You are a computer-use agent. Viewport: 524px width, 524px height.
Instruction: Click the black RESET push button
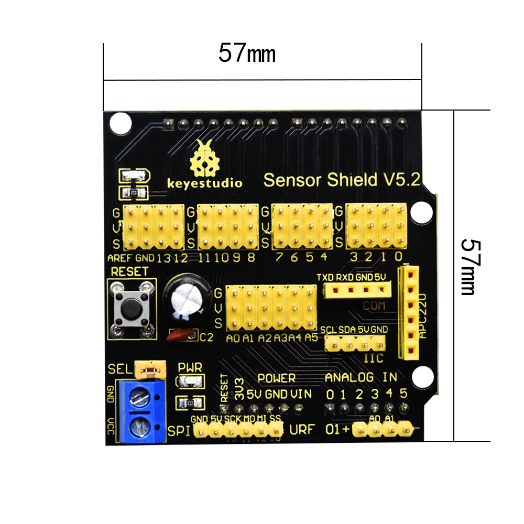coord(131,308)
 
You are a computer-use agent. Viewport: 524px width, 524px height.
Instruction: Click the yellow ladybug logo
coord(204,159)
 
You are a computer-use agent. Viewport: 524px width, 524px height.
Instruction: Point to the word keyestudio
coord(204,183)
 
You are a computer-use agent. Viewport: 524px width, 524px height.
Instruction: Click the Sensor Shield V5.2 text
coord(341,180)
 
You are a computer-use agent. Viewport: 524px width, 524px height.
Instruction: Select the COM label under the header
coord(374,305)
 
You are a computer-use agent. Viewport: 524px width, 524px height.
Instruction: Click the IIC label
coord(373,358)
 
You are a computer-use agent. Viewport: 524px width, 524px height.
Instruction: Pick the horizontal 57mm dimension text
coord(247,53)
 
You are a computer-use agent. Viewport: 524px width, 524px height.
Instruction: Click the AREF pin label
coord(120,258)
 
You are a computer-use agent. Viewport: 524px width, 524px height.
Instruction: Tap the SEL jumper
coord(150,370)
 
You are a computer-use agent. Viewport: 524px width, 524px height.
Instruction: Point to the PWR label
coord(190,367)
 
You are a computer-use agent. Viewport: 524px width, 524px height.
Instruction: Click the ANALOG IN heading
coord(361,377)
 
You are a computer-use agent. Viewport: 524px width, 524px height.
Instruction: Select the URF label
coord(302,430)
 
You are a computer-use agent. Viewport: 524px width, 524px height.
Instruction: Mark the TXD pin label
coord(325,277)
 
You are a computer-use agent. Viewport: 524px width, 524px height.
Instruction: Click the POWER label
coord(277,378)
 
